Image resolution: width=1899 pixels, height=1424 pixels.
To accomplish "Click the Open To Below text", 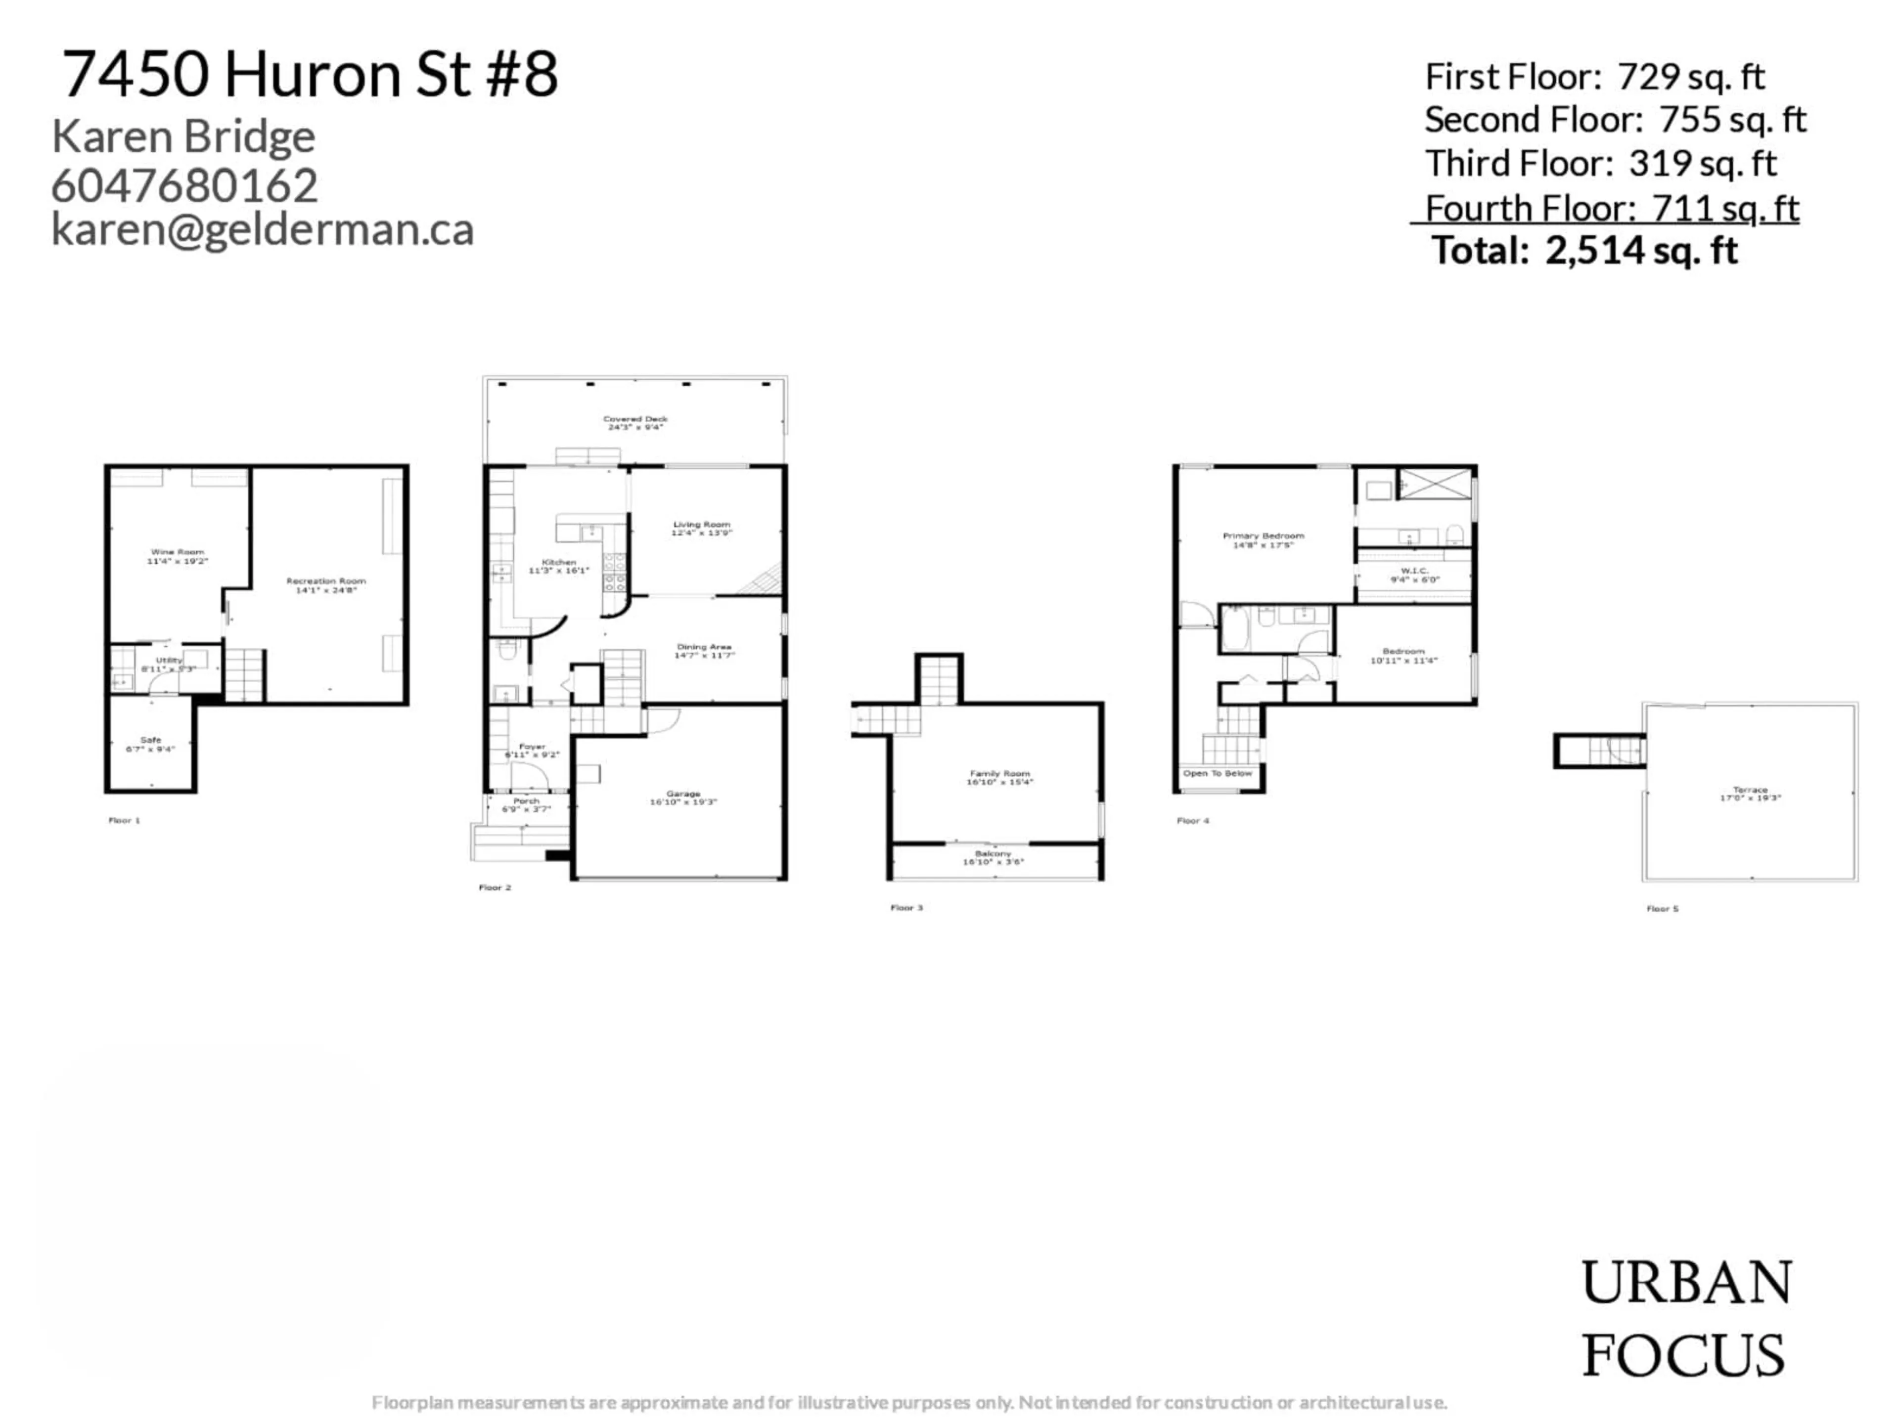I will pos(1218,773).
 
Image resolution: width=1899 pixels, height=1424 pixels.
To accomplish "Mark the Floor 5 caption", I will pos(1662,908).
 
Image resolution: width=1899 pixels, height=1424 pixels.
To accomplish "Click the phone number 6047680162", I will pos(184,185).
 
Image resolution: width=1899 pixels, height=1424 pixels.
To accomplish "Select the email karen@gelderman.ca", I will pos(263,230).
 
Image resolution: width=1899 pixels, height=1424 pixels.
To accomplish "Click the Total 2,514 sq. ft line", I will pos(1585,251).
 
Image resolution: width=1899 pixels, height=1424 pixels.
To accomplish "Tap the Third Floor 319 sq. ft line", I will pos(1600,163).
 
